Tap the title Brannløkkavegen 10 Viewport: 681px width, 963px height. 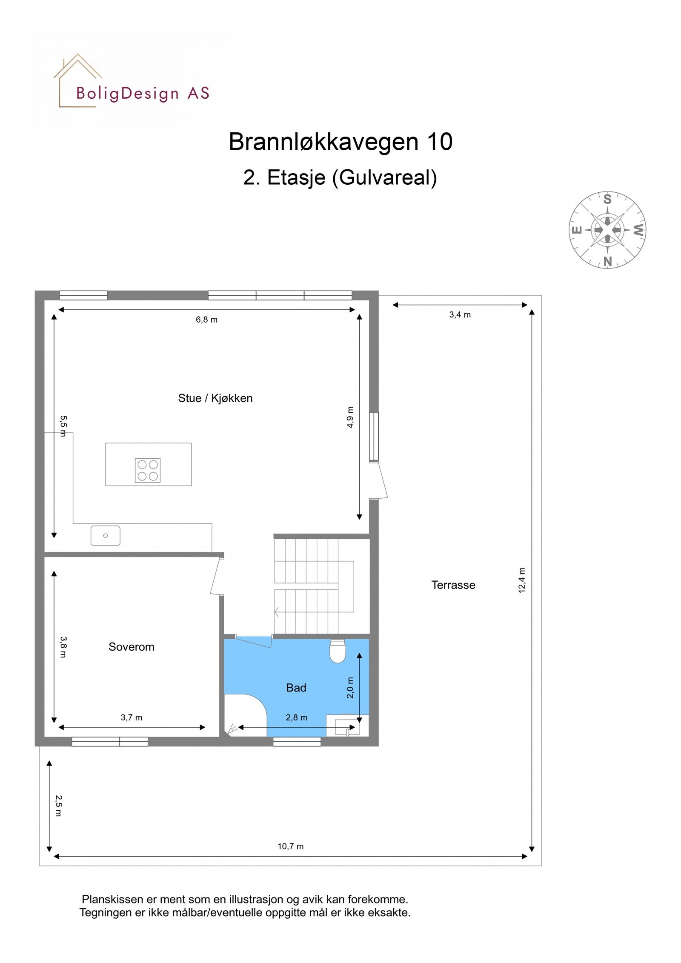coord(340,141)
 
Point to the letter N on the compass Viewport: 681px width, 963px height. coord(607,261)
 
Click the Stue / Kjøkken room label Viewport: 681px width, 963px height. coord(215,398)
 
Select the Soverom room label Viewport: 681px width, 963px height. coord(131,647)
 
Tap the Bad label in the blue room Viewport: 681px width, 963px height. coord(296,688)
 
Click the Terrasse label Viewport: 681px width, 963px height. coord(453,585)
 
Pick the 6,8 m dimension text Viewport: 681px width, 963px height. coord(206,320)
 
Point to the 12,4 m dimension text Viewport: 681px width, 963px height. coord(522,580)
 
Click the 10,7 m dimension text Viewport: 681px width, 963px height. coord(290,846)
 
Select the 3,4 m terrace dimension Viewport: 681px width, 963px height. coord(460,315)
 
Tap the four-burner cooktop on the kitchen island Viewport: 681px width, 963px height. coord(148,470)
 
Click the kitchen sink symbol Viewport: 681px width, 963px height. coord(105,536)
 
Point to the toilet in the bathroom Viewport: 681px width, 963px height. coord(338,652)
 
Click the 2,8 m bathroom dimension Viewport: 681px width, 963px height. coord(296,717)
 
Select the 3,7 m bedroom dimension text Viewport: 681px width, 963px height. coord(132,717)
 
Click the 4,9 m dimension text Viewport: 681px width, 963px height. coord(350,417)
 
